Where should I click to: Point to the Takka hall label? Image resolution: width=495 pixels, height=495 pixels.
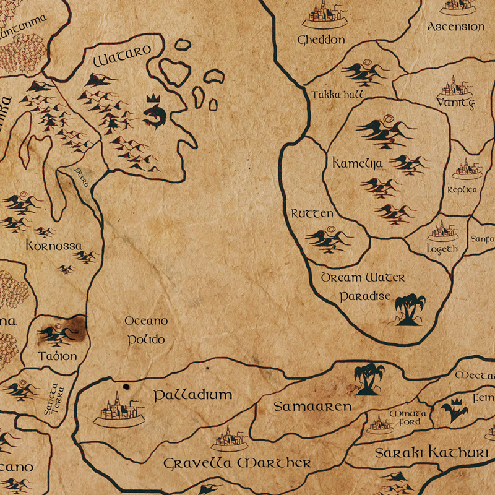[337, 95]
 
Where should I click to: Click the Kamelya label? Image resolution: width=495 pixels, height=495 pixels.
[358, 163]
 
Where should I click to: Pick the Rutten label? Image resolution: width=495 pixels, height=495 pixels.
[312, 213]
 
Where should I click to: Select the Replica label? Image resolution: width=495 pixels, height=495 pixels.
[462, 189]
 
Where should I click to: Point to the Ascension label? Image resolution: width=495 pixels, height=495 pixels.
[456, 27]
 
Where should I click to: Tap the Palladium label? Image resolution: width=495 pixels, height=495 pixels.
[192, 395]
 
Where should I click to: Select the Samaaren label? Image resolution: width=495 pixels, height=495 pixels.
[312, 407]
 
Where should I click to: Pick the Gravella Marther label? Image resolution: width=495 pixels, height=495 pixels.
[237, 463]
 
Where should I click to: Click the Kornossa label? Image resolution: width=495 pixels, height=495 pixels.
[54, 246]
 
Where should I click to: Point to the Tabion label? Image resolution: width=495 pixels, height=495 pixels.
[58, 356]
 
